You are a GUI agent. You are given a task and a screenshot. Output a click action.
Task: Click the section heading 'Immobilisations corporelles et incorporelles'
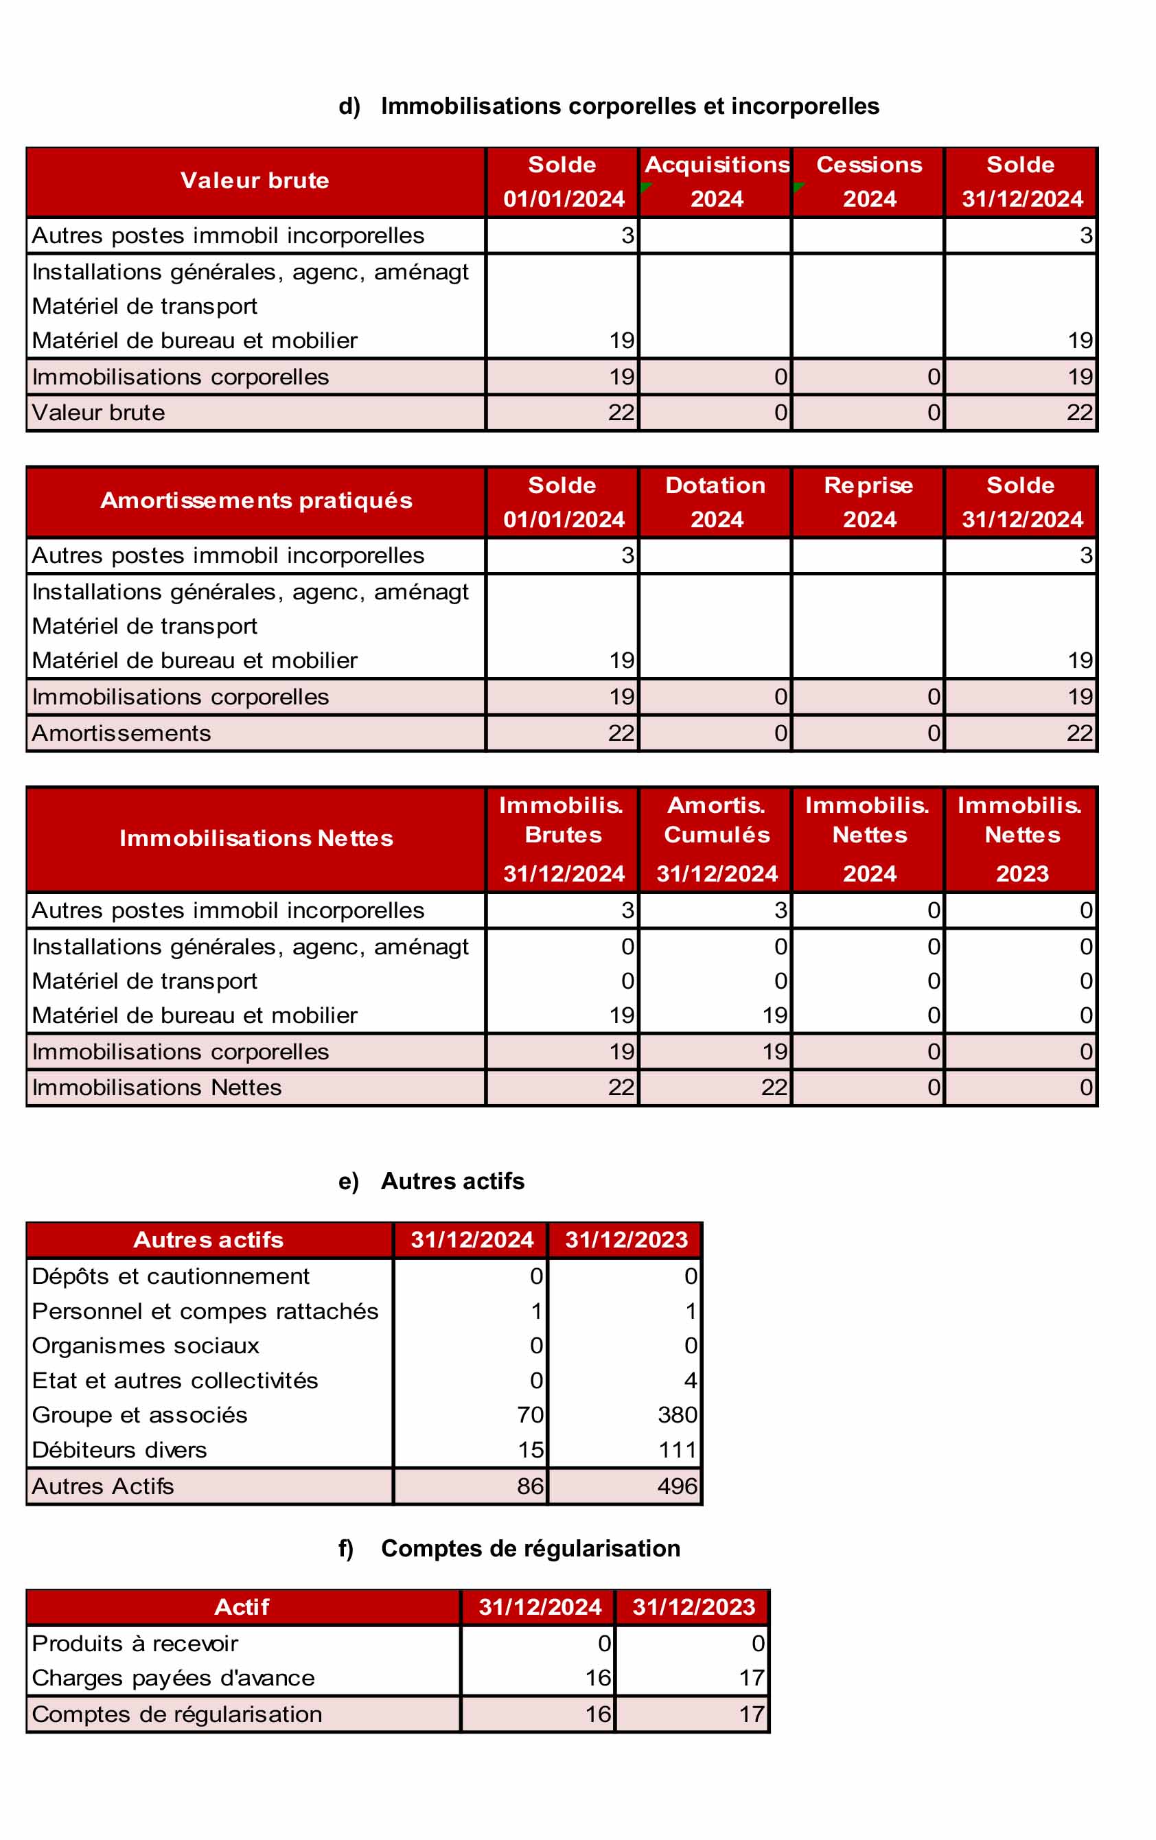coord(629,106)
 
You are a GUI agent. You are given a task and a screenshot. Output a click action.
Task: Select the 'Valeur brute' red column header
coord(255,181)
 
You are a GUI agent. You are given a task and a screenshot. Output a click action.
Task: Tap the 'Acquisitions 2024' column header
coord(716,181)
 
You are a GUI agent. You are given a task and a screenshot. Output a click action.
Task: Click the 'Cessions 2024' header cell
coord(869,181)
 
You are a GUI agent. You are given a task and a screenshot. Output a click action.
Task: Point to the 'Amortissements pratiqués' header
coord(256,501)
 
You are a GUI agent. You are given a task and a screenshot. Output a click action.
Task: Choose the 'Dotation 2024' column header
coord(716,501)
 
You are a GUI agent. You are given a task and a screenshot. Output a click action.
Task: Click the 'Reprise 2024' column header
coord(869,501)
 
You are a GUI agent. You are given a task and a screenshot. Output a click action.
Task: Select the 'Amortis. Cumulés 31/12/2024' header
coord(716,838)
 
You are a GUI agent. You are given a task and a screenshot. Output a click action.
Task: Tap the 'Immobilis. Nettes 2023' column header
coord(1021,838)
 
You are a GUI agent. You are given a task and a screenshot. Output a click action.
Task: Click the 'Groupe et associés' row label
coord(140,1415)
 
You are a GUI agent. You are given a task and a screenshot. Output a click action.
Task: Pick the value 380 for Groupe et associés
coord(677,1415)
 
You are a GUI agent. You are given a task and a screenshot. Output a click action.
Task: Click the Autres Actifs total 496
coord(677,1486)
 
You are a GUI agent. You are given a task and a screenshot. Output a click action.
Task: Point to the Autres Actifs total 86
coord(530,1486)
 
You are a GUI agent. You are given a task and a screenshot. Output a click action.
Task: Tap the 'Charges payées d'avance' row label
coord(174,1678)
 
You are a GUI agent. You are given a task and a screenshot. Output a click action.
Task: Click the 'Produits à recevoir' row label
coord(135,1644)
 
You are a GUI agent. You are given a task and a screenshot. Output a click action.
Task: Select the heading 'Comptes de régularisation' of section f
coord(530,1549)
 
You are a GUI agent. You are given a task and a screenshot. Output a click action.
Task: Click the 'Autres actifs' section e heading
coord(452,1182)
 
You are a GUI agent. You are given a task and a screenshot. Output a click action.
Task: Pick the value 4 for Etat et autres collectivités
coord(690,1381)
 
